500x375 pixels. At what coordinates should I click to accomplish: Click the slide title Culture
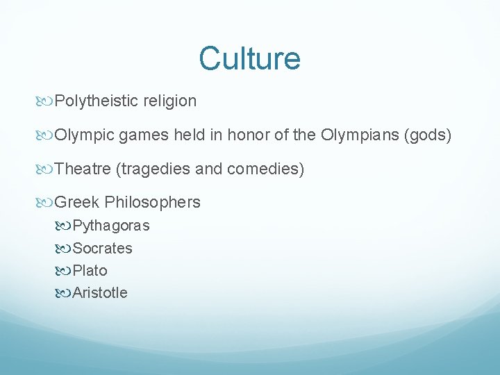[x=249, y=58]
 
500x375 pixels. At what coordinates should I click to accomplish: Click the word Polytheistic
[x=97, y=101]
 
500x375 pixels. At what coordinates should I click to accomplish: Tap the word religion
[x=170, y=101]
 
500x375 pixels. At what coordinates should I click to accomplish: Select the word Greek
[x=77, y=203]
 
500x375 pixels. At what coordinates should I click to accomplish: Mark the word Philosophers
[x=152, y=203]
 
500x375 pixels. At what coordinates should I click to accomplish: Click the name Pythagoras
[x=111, y=226]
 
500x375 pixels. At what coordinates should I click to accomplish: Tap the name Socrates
[x=103, y=248]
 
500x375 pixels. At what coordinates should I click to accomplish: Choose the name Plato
[x=90, y=270]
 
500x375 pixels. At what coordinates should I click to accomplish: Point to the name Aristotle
[x=100, y=292]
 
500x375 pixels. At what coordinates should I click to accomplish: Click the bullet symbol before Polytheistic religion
[x=47, y=101]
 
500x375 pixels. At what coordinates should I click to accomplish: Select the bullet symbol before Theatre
[x=47, y=169]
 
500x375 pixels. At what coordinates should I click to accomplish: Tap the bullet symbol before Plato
[x=65, y=270]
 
